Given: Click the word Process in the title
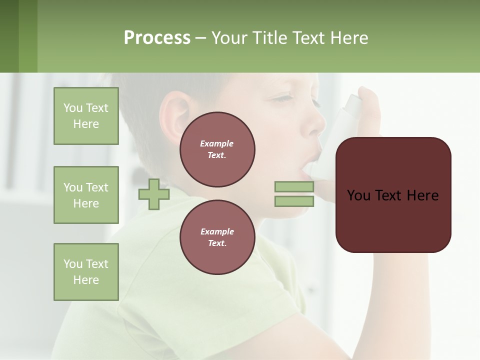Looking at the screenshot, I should pyautogui.click(x=157, y=38).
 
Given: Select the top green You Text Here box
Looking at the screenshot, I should pyautogui.click(x=86, y=116).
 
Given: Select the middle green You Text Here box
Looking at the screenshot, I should pyautogui.click(x=86, y=195).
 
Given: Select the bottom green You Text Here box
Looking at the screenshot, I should pyautogui.click(x=86, y=272).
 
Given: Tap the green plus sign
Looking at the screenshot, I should pyautogui.click(x=154, y=194).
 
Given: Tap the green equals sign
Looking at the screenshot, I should pyautogui.click(x=294, y=194).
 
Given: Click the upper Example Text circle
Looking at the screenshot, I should pyautogui.click(x=217, y=149).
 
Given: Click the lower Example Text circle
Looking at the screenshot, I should pyautogui.click(x=217, y=237).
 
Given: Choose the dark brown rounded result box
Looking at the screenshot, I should pyautogui.click(x=393, y=195).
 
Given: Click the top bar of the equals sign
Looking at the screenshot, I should pyautogui.click(x=294, y=186).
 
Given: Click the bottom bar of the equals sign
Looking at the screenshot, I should pyautogui.click(x=294, y=201).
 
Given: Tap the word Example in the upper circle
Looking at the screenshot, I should pyautogui.click(x=217, y=143).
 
